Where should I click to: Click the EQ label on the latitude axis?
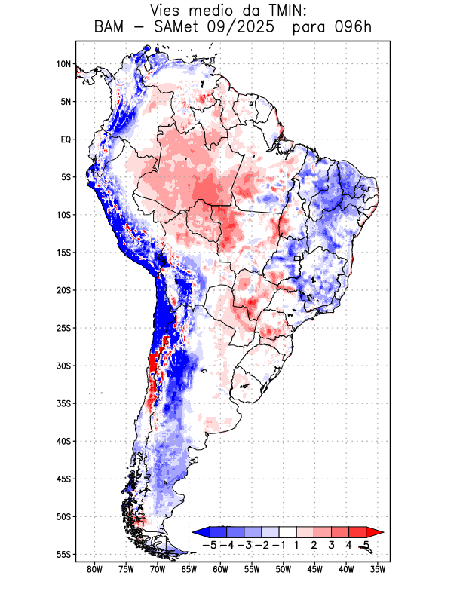tap(66, 139)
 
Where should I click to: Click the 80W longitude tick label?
tap(95, 570)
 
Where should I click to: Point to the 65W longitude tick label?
tap(189, 570)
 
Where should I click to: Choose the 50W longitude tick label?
tap(284, 570)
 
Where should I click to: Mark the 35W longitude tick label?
tap(378, 570)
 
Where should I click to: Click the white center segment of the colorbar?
tap(287, 532)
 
